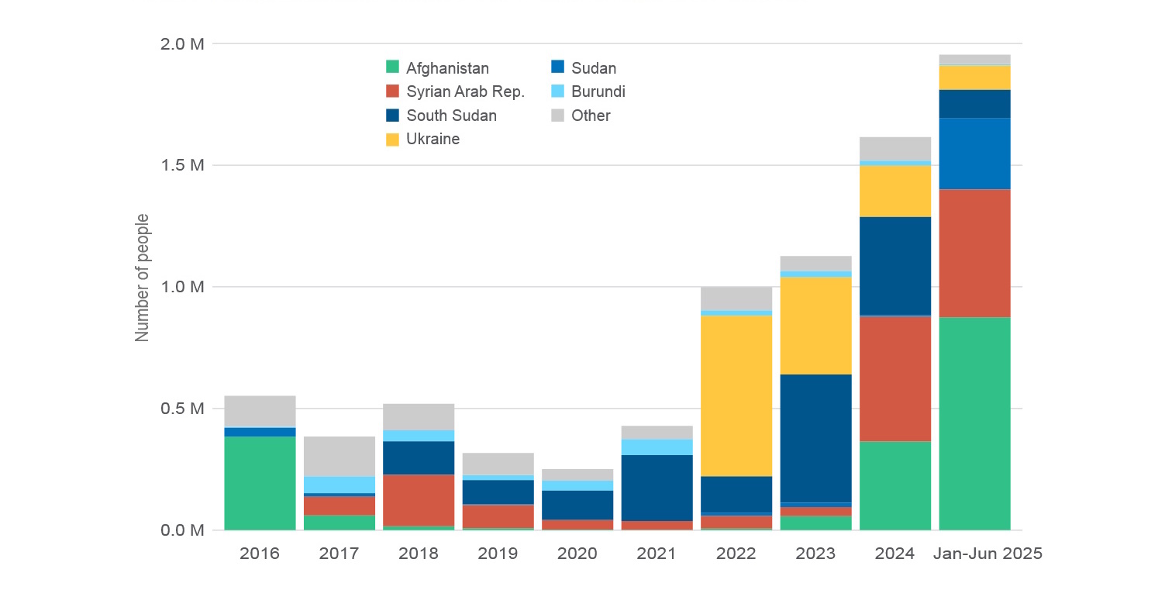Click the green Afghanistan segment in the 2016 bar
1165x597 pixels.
pyautogui.click(x=260, y=483)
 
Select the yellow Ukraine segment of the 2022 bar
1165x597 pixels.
pyautogui.click(x=736, y=395)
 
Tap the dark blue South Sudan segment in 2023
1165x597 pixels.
pyautogui.click(x=815, y=438)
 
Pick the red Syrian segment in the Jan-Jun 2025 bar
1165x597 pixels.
pyautogui.click(x=974, y=253)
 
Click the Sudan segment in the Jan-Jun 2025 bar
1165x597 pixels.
pyautogui.click(x=974, y=154)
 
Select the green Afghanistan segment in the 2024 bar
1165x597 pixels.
pyautogui.click(x=894, y=485)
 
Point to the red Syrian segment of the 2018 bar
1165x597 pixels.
pyautogui.click(x=419, y=500)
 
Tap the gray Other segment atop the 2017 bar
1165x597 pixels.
pyautogui.click(x=339, y=456)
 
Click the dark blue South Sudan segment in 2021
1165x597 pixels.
pyautogui.click(x=657, y=488)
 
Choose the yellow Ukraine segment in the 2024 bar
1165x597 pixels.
pyautogui.click(x=894, y=191)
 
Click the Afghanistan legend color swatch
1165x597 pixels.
pyautogui.click(x=393, y=68)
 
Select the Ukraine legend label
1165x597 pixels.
pyautogui.click(x=433, y=140)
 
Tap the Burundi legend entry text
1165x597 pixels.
pyautogui.click(x=598, y=92)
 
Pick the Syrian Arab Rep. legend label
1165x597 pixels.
pyautogui.click(x=466, y=92)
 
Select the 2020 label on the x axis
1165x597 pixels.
pyautogui.click(x=577, y=554)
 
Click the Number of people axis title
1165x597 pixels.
pyautogui.click(x=142, y=278)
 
